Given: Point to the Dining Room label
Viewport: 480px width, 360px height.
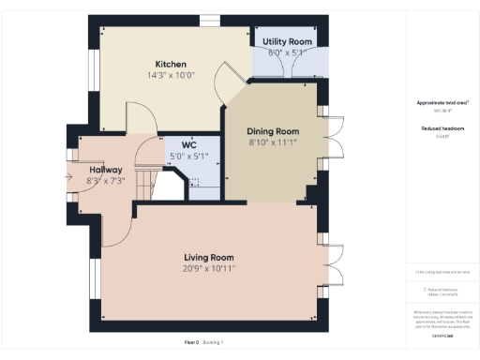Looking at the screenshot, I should point(273,131).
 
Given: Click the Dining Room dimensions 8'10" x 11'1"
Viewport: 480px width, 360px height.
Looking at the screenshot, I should point(273,142).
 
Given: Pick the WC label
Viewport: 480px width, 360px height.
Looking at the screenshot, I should point(187,145).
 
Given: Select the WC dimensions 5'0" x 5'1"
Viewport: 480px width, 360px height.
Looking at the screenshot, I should point(187,157).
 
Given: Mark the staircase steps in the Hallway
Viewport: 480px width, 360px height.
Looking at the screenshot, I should point(145,182).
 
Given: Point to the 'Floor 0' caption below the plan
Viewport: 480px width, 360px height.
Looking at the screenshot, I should point(192,343).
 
